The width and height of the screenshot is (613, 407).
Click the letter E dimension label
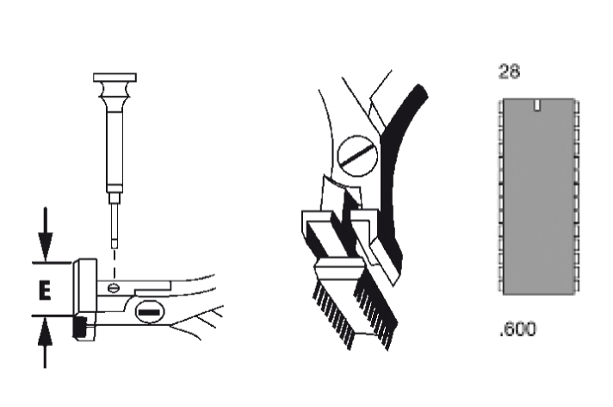45,291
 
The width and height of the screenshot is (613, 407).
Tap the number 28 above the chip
509,72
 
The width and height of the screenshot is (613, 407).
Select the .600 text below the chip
517,329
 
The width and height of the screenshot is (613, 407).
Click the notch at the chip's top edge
537,105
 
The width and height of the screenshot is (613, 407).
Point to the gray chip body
539,197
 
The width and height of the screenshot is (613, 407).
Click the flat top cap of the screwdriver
115,77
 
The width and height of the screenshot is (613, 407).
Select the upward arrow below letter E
45,342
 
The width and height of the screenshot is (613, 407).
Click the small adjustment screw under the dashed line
114,288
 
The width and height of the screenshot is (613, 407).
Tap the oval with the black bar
149,312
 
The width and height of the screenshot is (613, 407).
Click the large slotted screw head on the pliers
357,155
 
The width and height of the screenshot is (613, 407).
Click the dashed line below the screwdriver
115,266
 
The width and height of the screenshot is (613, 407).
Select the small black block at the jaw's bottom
80,328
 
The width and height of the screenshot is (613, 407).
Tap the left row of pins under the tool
333,316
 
